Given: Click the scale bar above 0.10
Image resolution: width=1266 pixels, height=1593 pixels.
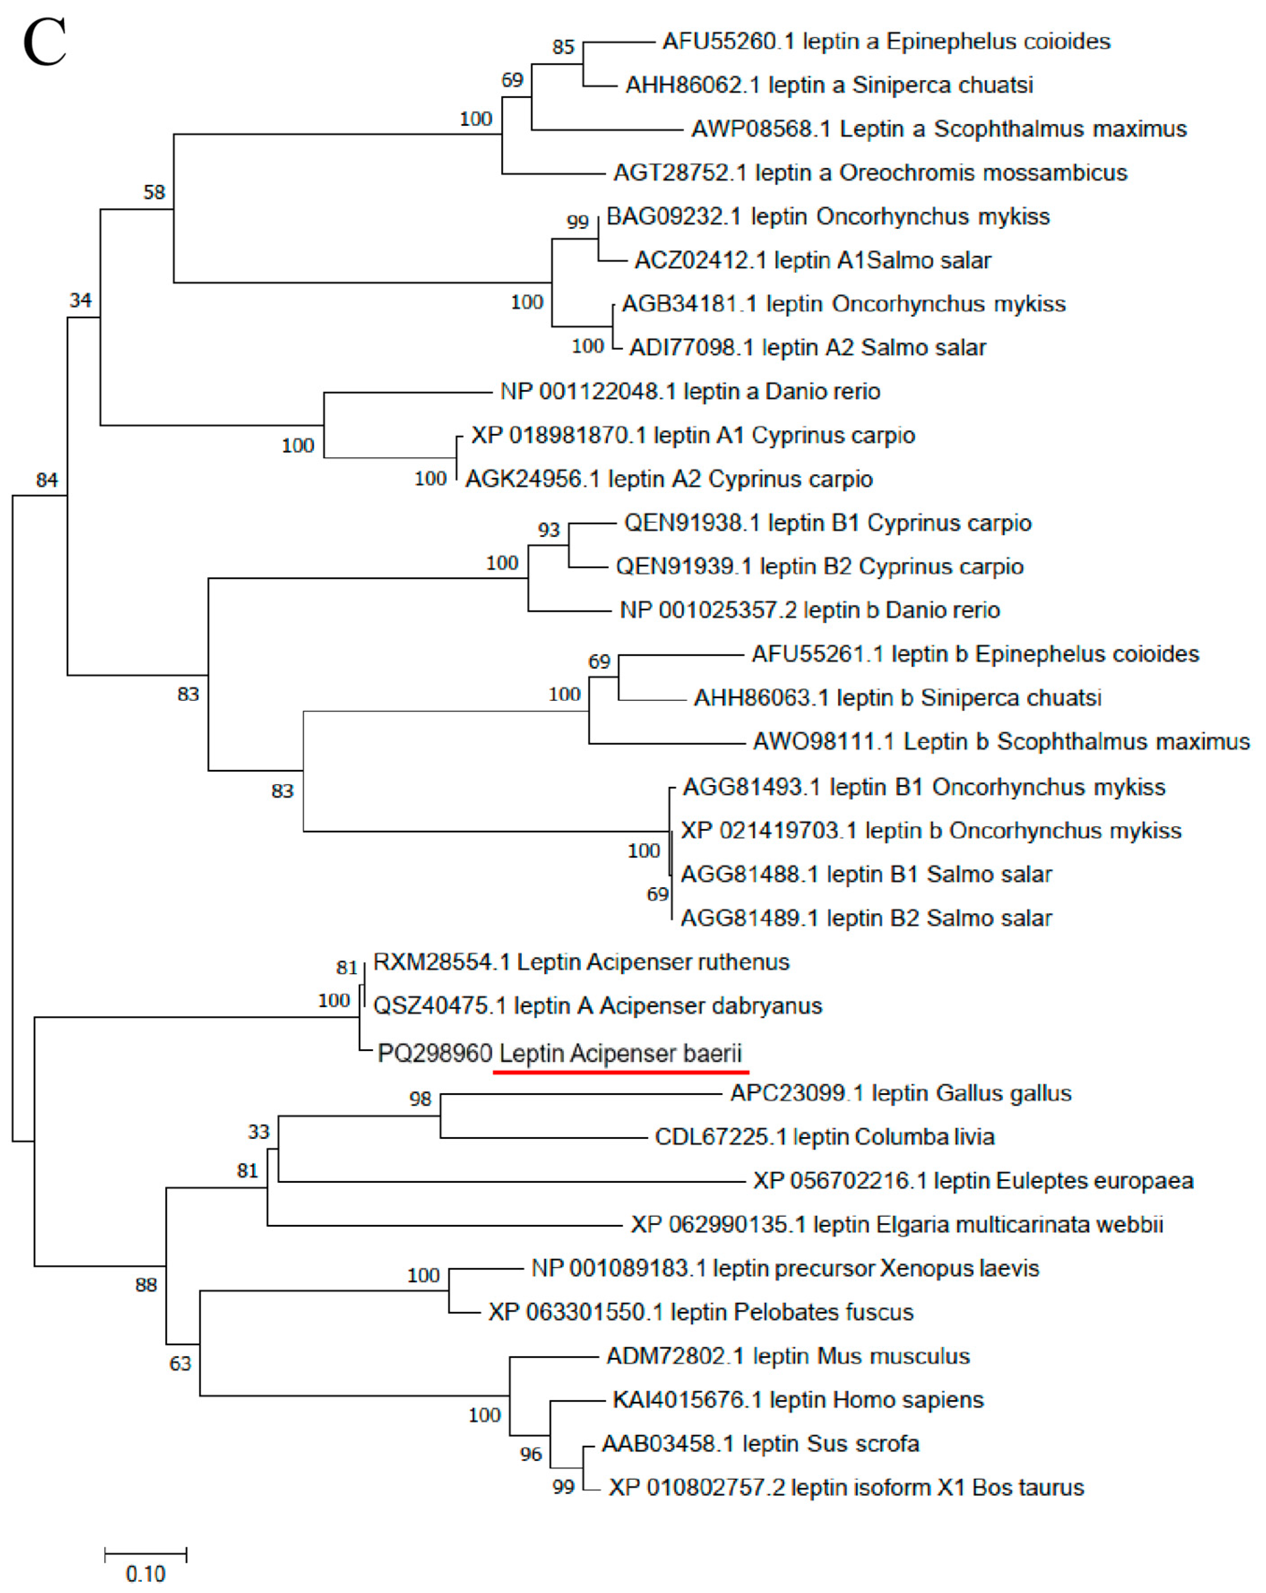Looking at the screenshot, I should tap(146, 1554).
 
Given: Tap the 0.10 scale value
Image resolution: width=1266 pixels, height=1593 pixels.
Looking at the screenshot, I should tap(146, 1575).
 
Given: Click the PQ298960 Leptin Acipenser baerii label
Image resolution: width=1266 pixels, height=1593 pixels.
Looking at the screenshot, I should tap(559, 1053).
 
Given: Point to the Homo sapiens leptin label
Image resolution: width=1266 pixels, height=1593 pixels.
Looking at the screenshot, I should tap(798, 1400).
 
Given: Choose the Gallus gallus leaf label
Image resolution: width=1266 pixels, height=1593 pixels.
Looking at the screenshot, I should tap(901, 1093).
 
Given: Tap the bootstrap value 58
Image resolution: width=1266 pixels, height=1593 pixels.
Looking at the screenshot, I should tap(154, 192).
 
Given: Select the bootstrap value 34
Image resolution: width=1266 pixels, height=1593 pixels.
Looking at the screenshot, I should tap(81, 300).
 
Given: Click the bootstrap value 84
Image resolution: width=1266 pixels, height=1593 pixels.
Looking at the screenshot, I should tap(47, 480).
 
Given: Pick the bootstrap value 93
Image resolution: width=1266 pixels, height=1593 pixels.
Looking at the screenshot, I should tap(549, 530).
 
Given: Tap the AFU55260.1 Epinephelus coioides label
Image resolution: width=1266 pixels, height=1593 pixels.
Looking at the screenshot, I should tap(886, 41).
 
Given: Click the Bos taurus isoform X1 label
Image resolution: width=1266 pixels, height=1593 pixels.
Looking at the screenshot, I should tap(846, 1487).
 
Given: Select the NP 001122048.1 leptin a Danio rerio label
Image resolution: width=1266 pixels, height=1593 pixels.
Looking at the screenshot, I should tap(690, 391).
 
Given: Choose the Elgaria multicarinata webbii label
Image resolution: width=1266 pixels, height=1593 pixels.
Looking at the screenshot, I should tap(897, 1225).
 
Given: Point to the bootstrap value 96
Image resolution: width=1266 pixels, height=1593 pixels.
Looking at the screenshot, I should tap(530, 1455).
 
